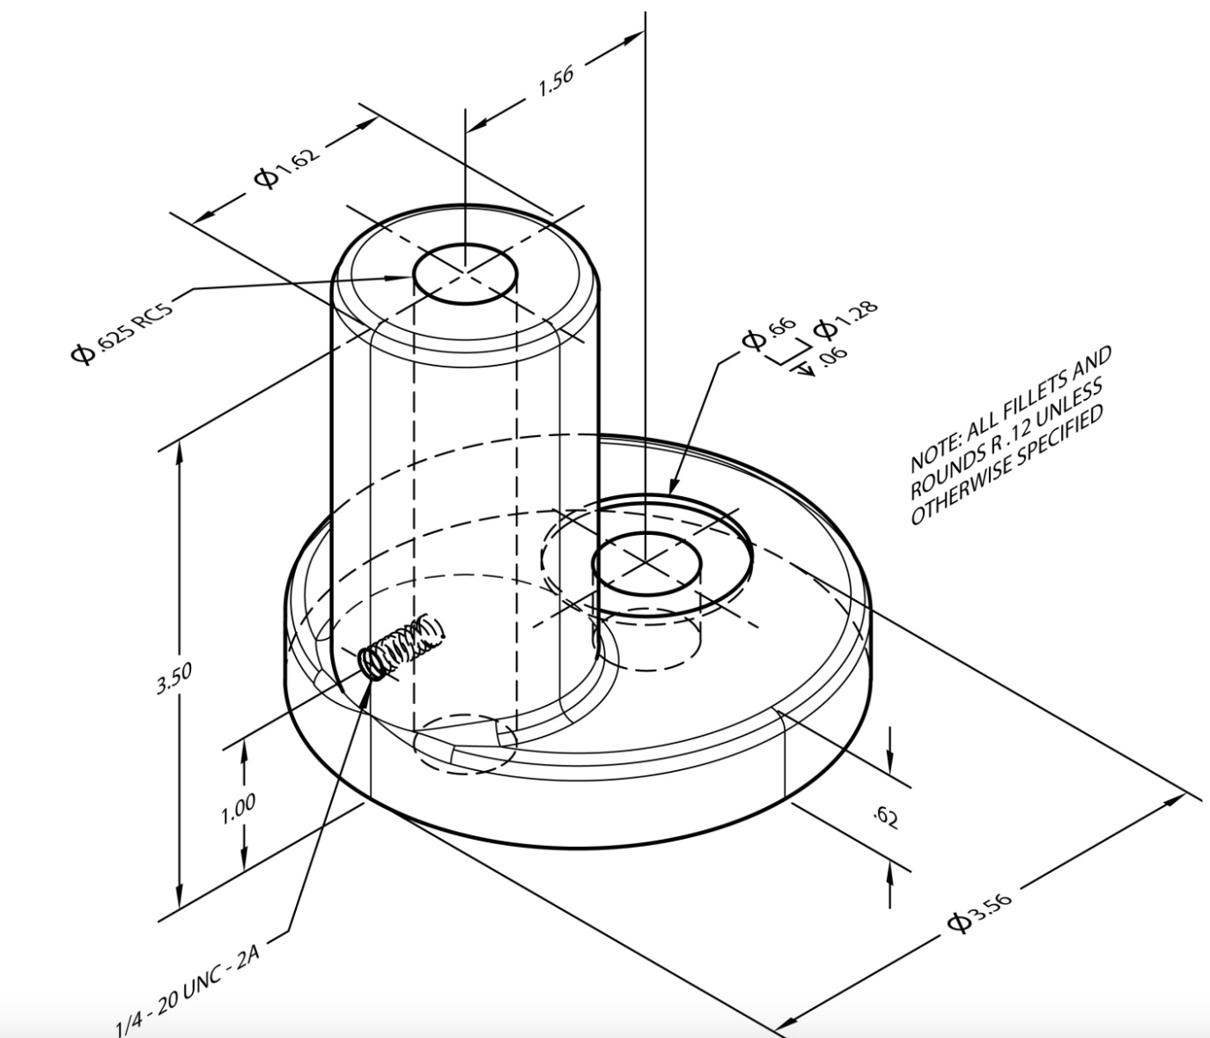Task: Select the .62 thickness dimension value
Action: [x=886, y=818]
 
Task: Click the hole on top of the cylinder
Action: [x=465, y=274]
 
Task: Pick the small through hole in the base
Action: [x=646, y=564]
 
